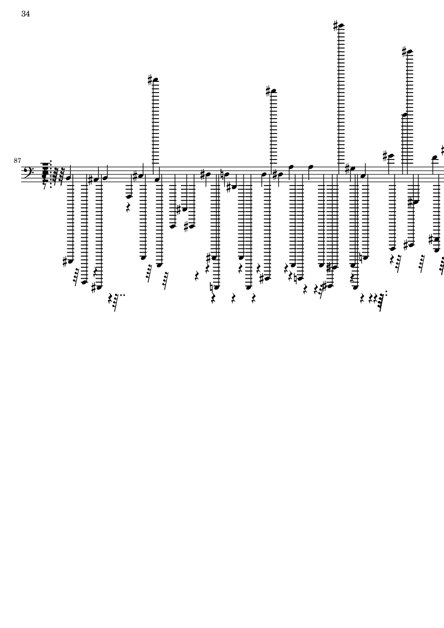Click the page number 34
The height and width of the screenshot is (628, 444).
(x=26, y=14)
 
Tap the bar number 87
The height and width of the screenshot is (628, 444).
(x=17, y=161)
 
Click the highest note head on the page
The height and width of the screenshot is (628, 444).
(x=341, y=26)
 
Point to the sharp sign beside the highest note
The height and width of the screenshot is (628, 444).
(x=336, y=26)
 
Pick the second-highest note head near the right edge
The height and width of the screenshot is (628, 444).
(x=409, y=52)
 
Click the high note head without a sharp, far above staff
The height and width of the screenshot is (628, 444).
(x=404, y=115)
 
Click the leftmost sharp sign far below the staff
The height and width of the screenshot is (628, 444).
(x=65, y=262)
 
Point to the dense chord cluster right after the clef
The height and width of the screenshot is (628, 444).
(x=45, y=173)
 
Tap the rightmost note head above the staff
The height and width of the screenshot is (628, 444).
(x=435, y=157)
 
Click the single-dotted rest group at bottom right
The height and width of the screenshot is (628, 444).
(x=380, y=301)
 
